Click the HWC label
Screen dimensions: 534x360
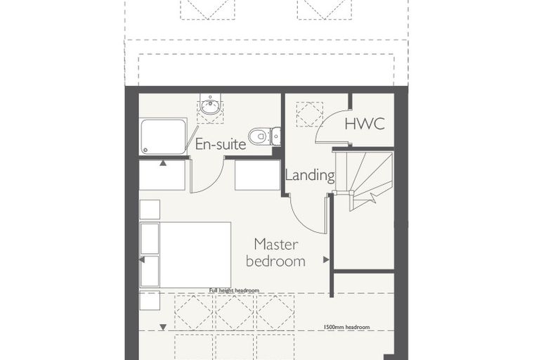coord(365,124)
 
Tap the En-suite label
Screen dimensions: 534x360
coord(221,144)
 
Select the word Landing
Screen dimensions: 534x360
coord(310,175)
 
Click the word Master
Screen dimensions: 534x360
coord(276,245)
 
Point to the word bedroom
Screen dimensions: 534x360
coord(275,262)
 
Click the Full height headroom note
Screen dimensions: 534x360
coord(234,290)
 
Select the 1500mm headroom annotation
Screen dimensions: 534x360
coord(346,327)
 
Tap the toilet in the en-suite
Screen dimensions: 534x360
coord(265,136)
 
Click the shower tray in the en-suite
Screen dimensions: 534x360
coord(163,136)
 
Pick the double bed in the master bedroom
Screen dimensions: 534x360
coord(185,255)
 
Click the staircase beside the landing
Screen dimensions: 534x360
coord(364,181)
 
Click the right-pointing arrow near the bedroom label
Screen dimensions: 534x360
coord(326,259)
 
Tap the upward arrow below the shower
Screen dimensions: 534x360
coord(163,163)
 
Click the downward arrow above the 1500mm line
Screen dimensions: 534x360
coord(163,327)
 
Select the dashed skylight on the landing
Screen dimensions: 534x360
coord(310,114)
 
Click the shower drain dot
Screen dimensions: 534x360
coord(145,149)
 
